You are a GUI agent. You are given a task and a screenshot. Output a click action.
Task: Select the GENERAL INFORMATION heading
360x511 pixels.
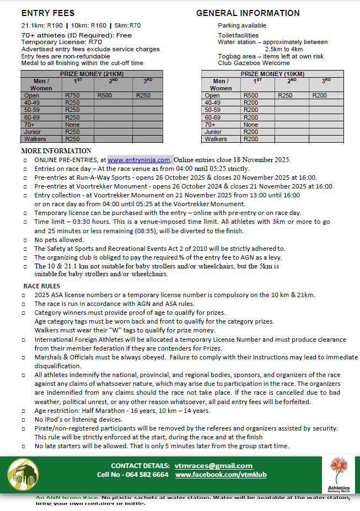click(x=248, y=13)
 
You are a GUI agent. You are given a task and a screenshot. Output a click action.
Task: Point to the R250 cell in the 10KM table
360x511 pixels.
click(x=285, y=95)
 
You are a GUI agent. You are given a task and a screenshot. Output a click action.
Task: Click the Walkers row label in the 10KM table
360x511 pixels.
click(x=216, y=139)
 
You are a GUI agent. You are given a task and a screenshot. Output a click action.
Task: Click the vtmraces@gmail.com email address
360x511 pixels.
click(x=213, y=466)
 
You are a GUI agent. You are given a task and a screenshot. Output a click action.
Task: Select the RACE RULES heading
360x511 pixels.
click(x=42, y=286)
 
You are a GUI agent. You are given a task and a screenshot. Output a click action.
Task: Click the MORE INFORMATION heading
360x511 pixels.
click(x=56, y=151)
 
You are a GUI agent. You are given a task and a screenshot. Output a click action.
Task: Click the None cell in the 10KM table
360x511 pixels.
click(x=251, y=125)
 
